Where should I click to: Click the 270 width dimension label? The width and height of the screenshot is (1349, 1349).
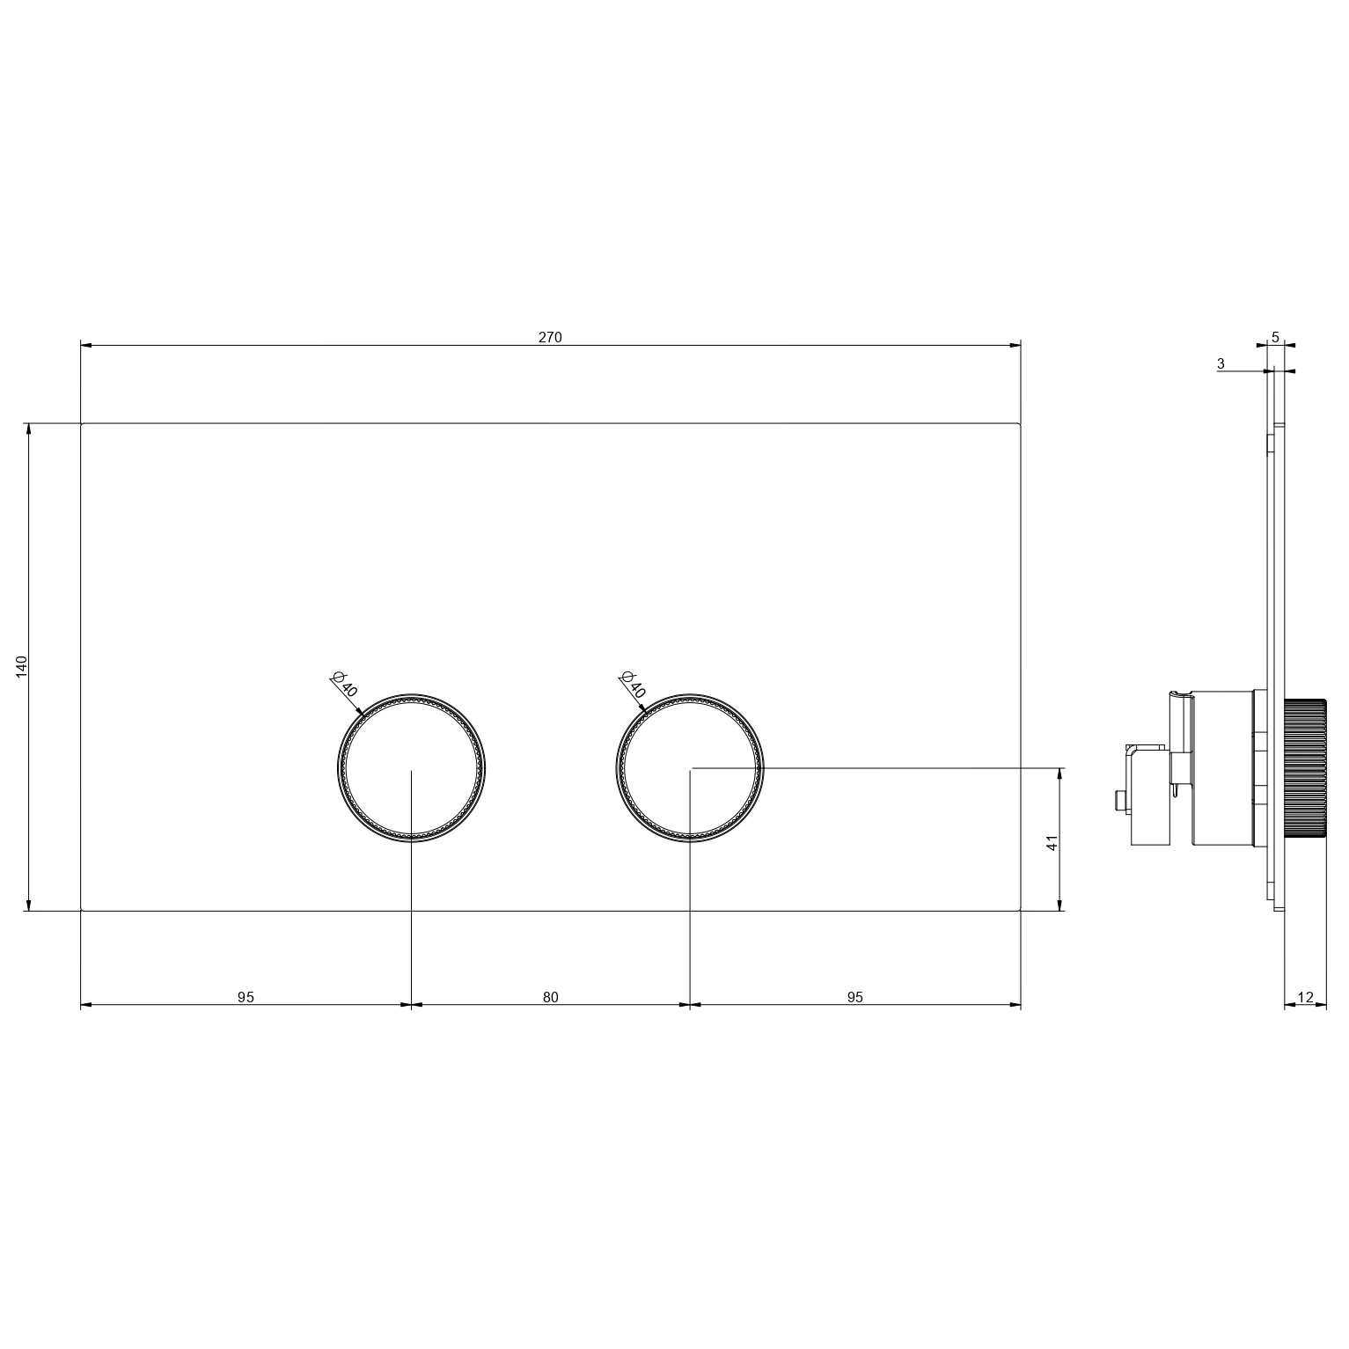tap(550, 337)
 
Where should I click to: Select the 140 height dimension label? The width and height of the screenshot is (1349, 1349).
tap(23, 666)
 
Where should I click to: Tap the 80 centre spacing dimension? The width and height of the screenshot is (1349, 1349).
tap(551, 997)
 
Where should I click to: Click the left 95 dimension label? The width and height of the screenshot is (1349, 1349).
tap(246, 997)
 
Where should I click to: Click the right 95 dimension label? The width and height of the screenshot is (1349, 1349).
tap(855, 997)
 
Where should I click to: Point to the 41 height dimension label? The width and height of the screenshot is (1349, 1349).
tap(1052, 842)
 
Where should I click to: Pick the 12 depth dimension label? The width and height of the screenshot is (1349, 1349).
tap(1306, 997)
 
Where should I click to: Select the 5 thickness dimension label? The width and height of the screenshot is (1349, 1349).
tap(1276, 337)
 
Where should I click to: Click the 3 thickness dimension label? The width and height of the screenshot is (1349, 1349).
tap(1221, 363)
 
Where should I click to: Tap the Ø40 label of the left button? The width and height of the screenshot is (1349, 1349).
tap(344, 684)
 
